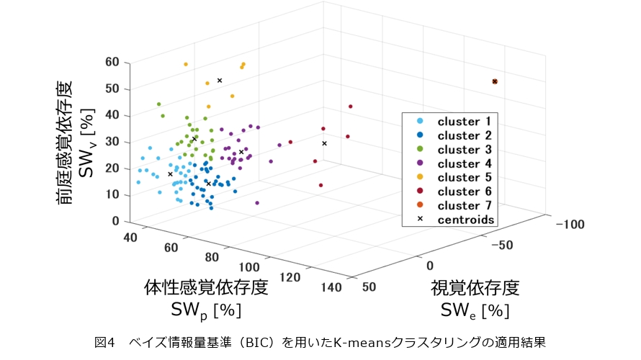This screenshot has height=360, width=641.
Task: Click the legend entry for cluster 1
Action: [x=464, y=122]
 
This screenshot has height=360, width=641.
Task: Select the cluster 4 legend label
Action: [x=464, y=163]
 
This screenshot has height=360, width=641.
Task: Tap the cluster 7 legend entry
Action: [x=464, y=205]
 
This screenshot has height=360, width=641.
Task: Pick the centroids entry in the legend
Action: [x=465, y=220]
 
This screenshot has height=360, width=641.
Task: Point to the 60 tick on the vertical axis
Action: [x=112, y=62]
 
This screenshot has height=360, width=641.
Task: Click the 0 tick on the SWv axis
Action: [x=116, y=221]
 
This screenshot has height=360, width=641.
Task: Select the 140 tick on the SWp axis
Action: [x=331, y=287]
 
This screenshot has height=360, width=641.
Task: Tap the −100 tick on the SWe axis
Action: [x=570, y=225]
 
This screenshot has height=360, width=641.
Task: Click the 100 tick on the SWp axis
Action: [x=249, y=267]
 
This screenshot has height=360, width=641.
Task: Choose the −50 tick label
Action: [x=502, y=246]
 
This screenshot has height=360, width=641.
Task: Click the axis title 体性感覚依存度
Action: [x=206, y=287]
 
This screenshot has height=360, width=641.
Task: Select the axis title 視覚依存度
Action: [x=475, y=288]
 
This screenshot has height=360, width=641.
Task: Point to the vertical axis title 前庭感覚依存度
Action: [x=64, y=143]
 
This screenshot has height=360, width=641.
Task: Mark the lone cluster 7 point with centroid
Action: [x=495, y=82]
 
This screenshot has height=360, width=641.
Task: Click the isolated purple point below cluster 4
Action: [x=257, y=203]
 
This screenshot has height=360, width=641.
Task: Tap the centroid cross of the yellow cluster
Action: [x=220, y=81]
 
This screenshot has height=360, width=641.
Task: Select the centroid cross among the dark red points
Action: [x=324, y=143]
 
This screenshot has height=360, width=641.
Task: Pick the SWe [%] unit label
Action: [x=475, y=310]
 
